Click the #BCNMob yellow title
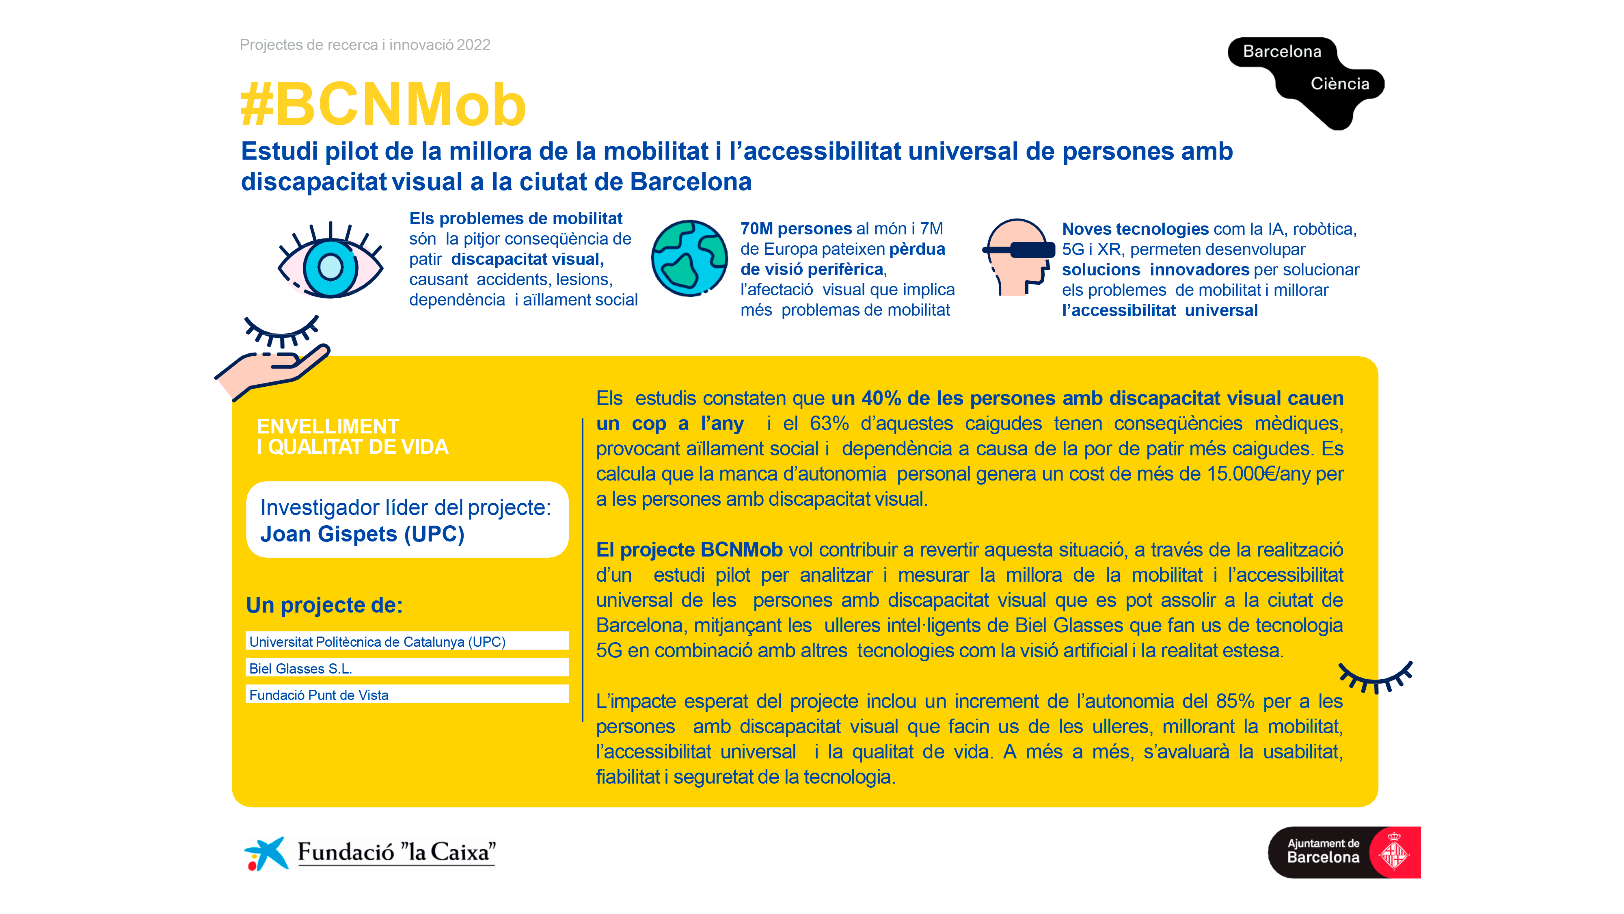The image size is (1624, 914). tap(383, 105)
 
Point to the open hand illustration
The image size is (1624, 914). tap(271, 371)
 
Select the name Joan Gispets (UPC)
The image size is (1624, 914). tap(362, 534)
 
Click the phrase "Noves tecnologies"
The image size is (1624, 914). tap(1135, 229)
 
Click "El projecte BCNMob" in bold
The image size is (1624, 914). tap(689, 549)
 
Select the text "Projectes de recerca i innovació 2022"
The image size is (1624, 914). tap(365, 45)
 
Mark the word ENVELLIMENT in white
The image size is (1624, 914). tap(328, 427)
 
